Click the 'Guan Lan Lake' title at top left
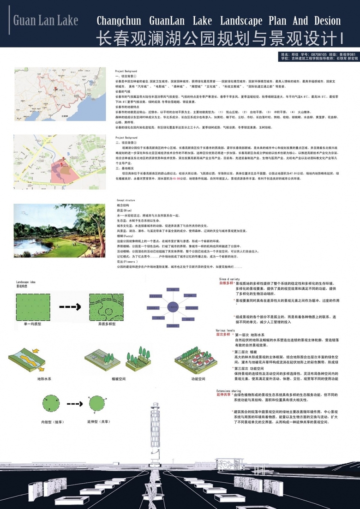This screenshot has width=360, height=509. [x=45, y=21]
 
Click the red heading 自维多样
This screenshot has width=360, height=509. [x=223, y=282]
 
